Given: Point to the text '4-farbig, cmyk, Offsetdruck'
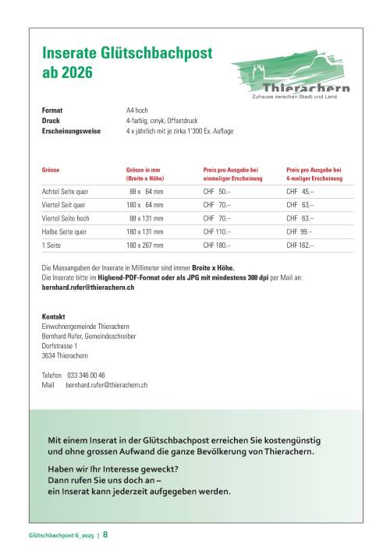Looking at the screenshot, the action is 164,121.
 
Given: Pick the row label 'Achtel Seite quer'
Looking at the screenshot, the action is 65,191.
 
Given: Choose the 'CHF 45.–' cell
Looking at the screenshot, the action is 300,191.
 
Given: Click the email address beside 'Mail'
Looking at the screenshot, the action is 108,385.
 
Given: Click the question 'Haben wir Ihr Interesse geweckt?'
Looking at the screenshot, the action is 113,468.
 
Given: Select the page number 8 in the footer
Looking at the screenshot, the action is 106,535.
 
